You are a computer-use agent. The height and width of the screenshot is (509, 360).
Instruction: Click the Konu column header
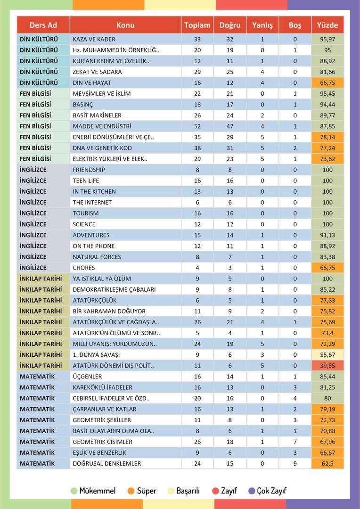125,25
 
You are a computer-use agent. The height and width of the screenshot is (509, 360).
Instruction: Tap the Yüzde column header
327,25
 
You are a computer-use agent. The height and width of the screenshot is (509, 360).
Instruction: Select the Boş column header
295,25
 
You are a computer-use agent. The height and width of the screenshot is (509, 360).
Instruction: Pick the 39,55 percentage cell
327,366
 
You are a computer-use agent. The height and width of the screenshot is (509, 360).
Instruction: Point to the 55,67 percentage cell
327,355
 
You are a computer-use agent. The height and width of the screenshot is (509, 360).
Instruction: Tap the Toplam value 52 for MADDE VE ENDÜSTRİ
197,126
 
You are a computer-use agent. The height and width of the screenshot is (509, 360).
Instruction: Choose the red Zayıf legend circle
215,491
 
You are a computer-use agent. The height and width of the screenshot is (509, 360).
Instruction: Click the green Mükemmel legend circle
74,491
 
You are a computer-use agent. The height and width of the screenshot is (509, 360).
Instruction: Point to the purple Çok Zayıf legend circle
252,491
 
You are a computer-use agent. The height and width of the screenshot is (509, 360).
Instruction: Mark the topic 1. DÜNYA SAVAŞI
96,355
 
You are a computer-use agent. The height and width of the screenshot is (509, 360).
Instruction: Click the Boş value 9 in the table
295,464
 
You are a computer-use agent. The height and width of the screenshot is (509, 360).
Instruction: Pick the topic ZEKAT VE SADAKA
97,72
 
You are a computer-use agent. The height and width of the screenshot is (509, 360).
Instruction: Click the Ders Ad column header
43,25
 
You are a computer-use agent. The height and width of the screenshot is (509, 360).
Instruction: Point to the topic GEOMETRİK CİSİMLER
102,442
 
